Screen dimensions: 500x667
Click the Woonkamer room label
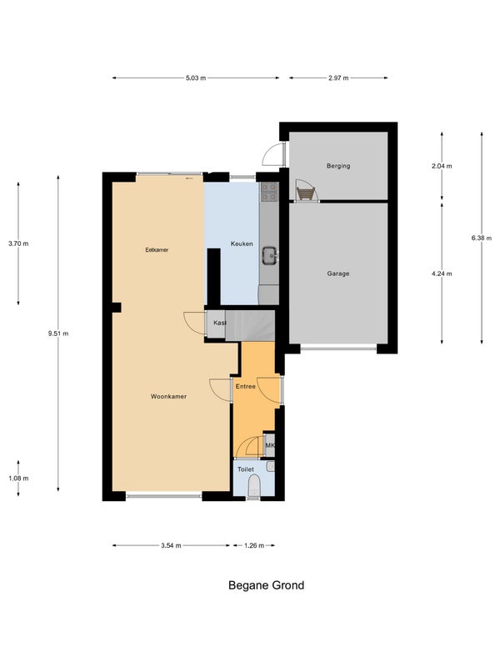[x=168, y=397]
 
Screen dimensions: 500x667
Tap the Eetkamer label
[x=157, y=250]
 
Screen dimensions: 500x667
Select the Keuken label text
[x=242, y=243]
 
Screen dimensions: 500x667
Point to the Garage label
[x=338, y=273]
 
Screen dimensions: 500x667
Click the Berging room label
[x=338, y=166]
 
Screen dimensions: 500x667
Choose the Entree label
[x=245, y=386]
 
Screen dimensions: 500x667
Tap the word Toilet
[x=245, y=469]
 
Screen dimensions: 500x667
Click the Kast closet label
[x=219, y=323]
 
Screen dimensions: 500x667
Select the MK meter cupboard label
[x=269, y=445]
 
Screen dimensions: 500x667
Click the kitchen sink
[x=269, y=256]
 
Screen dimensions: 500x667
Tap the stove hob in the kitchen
[x=269, y=192]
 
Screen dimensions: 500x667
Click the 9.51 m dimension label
[x=58, y=333]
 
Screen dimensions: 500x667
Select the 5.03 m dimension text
[x=196, y=78]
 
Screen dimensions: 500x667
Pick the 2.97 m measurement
[x=338, y=78]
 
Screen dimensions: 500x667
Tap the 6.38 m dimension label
[x=482, y=238]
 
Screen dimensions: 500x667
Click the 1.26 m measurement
[x=254, y=545]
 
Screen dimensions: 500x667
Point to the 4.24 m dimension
[x=442, y=273]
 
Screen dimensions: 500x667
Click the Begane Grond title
[x=266, y=585]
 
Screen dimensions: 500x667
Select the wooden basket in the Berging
[x=306, y=193]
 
